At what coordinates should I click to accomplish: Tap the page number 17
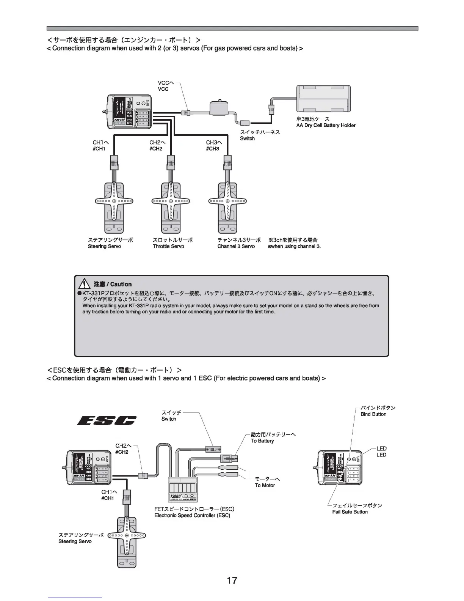point(232,580)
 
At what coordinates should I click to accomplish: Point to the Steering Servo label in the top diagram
point(104,246)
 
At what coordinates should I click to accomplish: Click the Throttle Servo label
point(168,246)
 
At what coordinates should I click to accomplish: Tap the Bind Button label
point(373,414)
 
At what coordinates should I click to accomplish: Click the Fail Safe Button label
point(350,512)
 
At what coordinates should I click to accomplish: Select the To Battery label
point(262,441)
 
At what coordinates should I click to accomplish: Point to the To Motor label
point(265,485)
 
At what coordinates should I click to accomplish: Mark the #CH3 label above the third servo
point(213,148)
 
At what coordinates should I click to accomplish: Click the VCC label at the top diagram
point(163,89)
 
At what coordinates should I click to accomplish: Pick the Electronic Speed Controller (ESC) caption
point(192,515)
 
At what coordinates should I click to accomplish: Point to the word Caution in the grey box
point(121,284)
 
